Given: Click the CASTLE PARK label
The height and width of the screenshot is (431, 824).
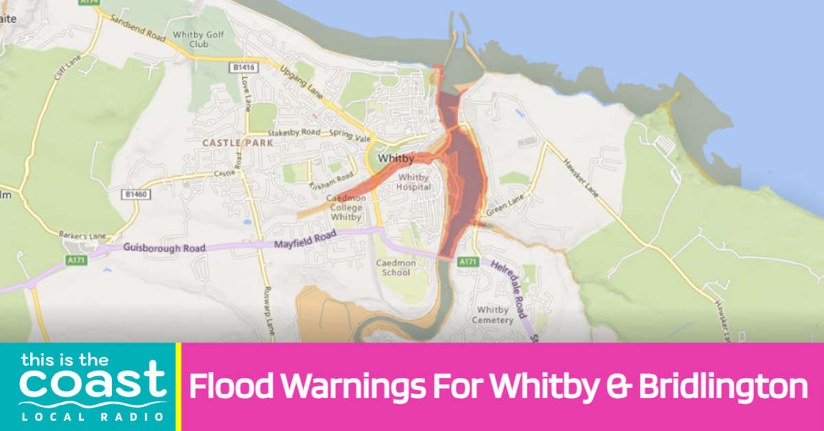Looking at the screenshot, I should click(x=238, y=143).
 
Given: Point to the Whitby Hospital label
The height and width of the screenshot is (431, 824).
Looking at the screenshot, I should click(x=414, y=181).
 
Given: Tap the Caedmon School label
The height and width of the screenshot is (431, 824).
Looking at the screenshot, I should click(x=393, y=268).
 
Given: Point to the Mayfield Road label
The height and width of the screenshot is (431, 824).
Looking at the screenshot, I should click(x=306, y=240).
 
